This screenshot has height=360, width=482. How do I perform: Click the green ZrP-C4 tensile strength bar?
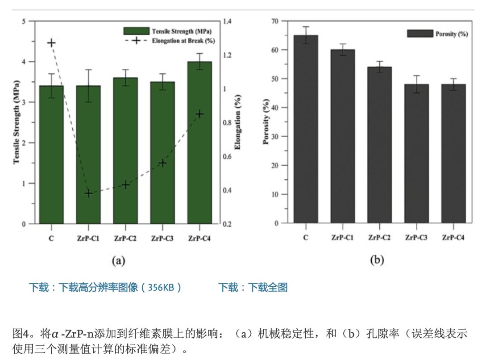[199, 143]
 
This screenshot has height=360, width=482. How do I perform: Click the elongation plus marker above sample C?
[51, 43]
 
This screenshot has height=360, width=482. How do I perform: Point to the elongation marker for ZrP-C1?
[88, 193]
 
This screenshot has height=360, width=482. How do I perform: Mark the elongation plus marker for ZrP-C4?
[199, 114]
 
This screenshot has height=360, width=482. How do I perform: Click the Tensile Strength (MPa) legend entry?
[167, 31]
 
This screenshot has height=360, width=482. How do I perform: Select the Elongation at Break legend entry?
[167, 40]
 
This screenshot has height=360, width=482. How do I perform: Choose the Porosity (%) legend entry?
[437, 34]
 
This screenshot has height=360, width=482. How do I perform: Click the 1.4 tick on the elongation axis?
[230, 21]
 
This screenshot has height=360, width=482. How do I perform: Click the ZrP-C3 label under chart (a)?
[162, 239]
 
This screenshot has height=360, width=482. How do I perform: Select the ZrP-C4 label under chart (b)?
[453, 238]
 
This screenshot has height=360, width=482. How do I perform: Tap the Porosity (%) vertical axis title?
[266, 122]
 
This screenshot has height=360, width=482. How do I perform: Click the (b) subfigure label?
[377, 260]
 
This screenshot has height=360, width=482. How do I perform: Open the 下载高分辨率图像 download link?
[105, 287]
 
